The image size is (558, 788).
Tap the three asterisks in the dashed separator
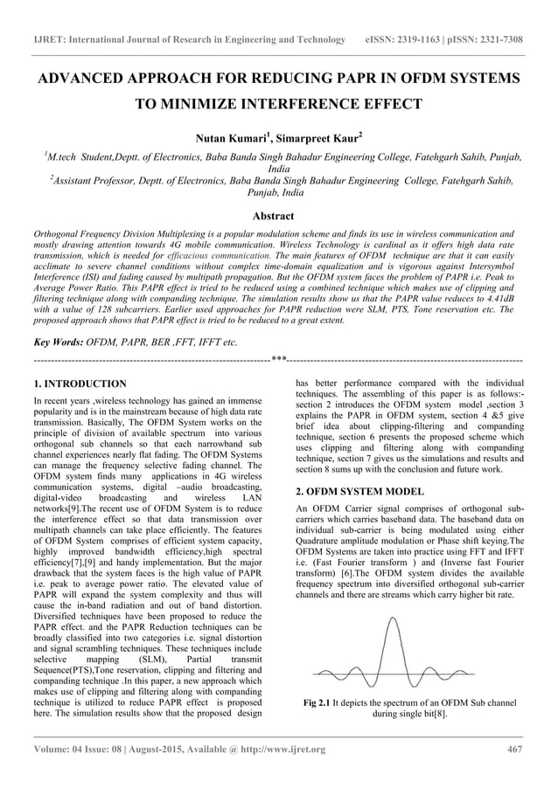point(278,359)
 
